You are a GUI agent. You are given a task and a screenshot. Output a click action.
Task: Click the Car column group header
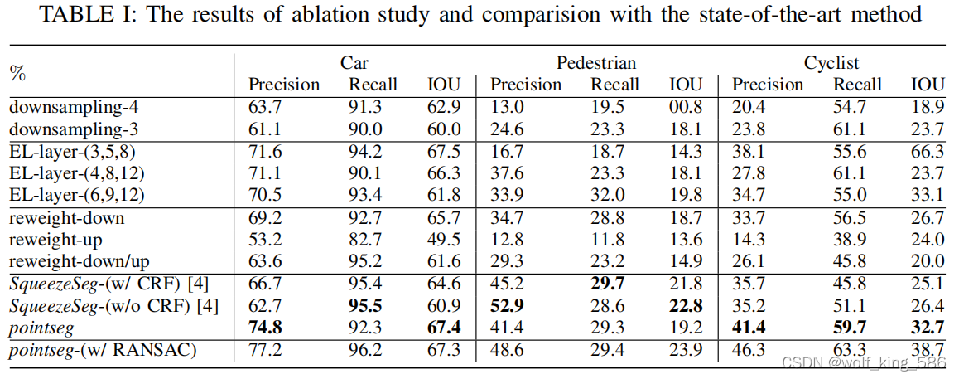[354, 63]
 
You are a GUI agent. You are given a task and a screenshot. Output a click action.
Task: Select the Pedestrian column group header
[596, 63]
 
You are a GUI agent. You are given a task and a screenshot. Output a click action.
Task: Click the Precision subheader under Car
[284, 85]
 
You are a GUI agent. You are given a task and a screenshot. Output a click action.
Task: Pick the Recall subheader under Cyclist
[857, 85]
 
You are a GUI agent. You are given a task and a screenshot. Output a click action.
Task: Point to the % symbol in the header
[17, 73]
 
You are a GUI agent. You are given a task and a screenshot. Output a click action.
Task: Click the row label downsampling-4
[69, 106]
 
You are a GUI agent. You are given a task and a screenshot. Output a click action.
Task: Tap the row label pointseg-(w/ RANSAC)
[103, 350]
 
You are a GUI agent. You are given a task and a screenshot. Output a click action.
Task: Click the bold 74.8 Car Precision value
[267, 328]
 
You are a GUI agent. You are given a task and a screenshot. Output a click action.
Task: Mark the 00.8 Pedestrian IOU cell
[685, 106]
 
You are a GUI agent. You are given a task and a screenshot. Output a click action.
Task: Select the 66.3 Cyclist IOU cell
[928, 153]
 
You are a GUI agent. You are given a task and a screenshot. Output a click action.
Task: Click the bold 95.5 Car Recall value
[365, 307]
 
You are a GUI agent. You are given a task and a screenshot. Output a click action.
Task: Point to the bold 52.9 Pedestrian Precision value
[508, 307]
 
